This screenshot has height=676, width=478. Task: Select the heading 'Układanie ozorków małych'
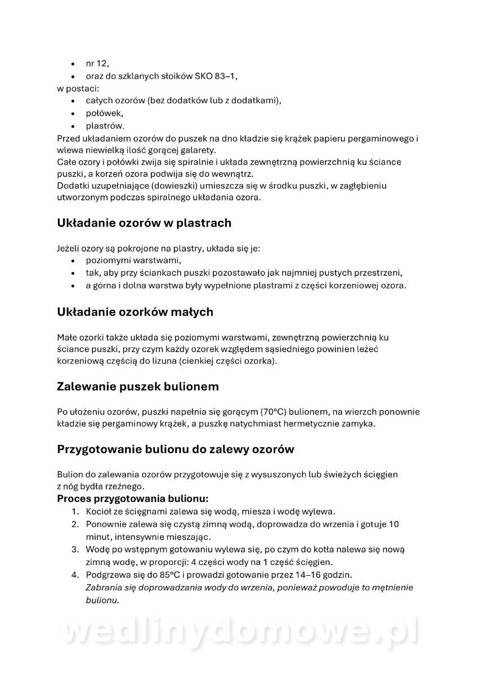pos(135,312)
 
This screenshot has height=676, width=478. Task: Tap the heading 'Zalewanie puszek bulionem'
pos(138,387)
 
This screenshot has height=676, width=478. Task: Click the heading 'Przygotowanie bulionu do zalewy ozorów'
pos(175,450)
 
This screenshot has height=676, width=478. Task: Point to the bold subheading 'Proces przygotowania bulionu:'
pos(133,499)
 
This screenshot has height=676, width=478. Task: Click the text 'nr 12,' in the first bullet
pos(97,63)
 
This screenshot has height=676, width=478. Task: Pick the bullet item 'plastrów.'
pos(105,126)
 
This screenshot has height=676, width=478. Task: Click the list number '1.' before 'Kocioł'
pos(75,512)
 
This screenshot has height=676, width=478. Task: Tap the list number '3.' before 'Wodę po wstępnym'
pos(75,549)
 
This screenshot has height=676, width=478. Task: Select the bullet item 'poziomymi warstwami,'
pos(133,261)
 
